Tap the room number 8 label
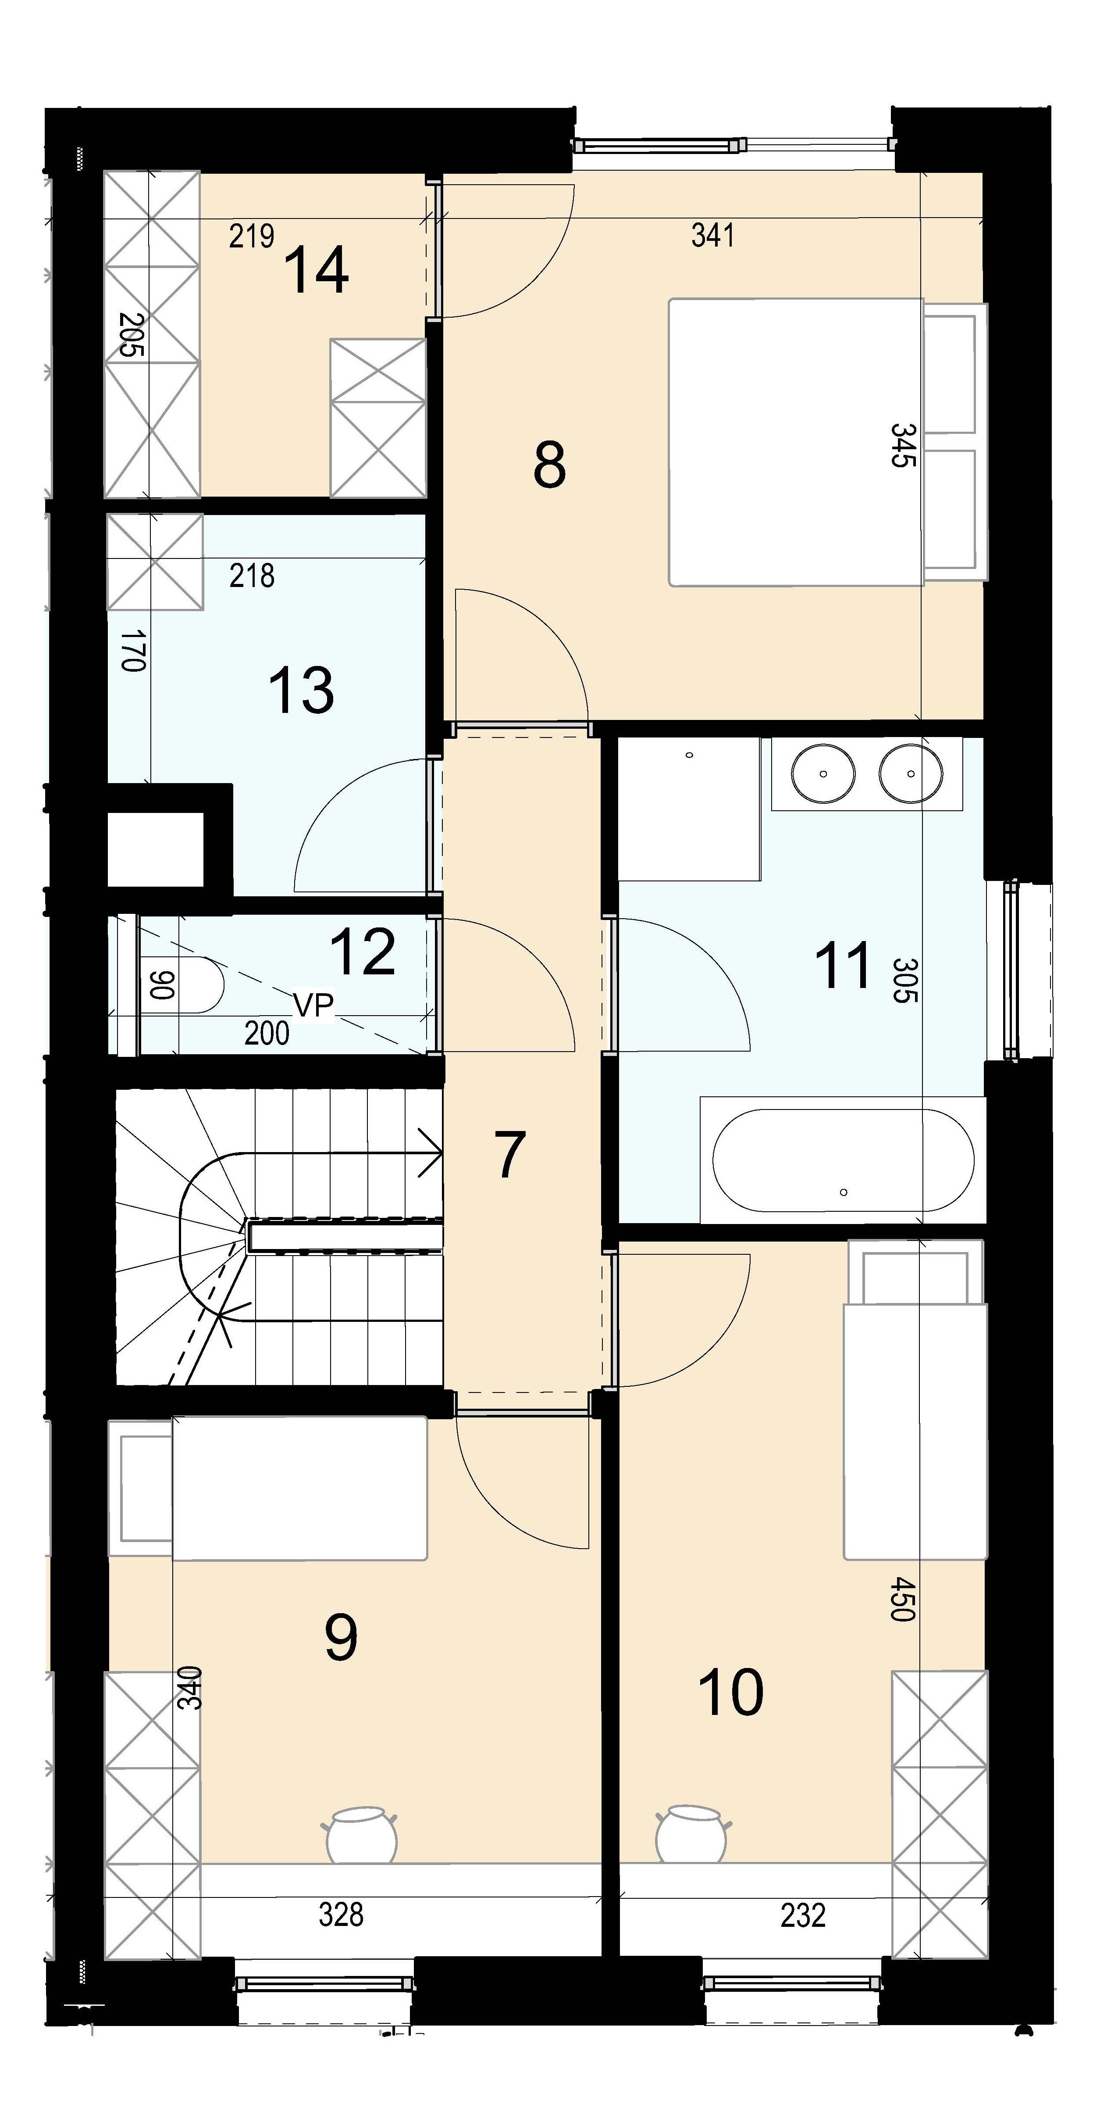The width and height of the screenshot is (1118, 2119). click(549, 464)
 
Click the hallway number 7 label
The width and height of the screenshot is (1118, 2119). click(509, 1156)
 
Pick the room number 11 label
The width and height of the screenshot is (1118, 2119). click(843, 966)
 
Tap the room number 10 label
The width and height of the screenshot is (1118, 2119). click(731, 1693)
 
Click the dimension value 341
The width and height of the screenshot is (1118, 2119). click(713, 236)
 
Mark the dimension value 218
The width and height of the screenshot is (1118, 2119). click(252, 576)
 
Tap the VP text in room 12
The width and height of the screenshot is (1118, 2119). click(313, 1005)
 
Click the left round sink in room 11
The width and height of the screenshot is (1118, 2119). click(824, 773)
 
